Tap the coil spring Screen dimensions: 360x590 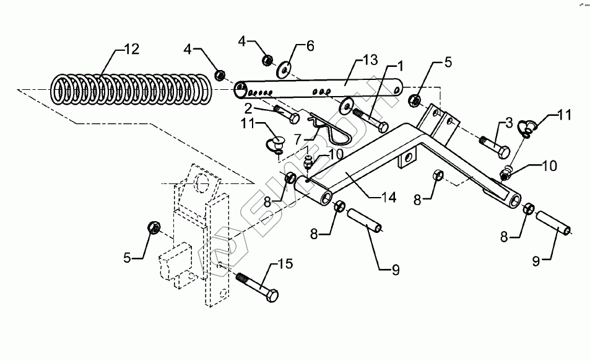click(131, 89)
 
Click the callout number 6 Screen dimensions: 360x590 click(310, 46)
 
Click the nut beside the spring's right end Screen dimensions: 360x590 click(219, 76)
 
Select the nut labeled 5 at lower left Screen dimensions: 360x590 click(153, 227)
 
